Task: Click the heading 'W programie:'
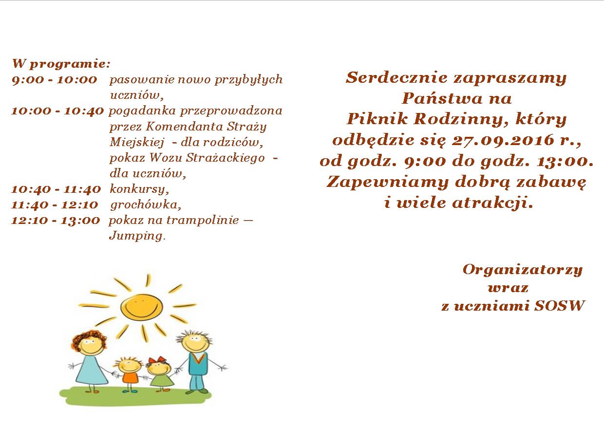(61, 64)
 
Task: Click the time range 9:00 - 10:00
(55, 80)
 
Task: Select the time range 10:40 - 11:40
(56, 189)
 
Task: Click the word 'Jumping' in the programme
(136, 236)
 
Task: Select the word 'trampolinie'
(203, 221)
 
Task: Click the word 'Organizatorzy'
(523, 270)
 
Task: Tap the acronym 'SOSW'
(560, 306)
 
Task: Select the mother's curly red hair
(89, 340)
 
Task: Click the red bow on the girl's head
(157, 360)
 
